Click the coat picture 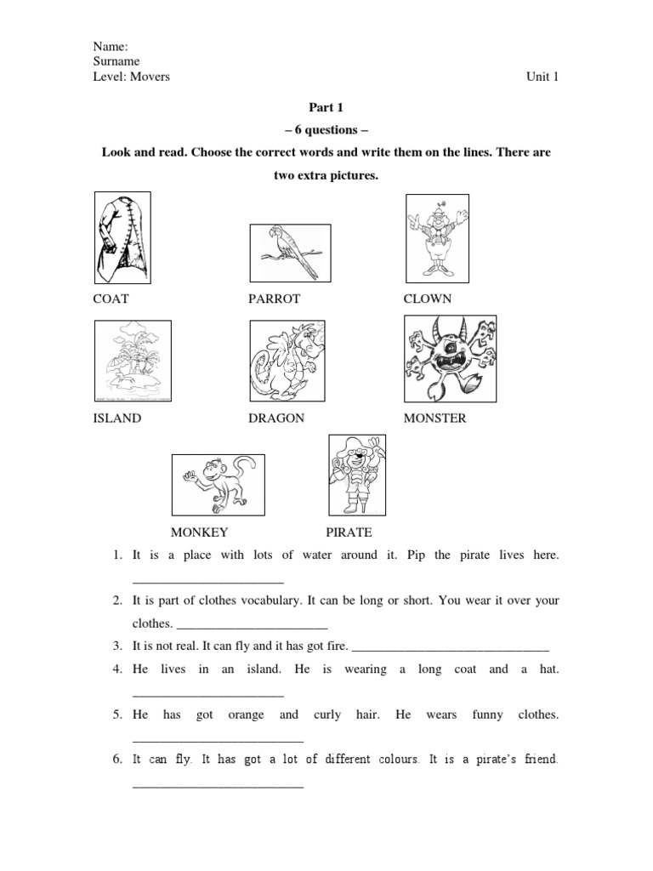click(122, 237)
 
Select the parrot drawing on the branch click(289, 252)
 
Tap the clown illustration click(437, 236)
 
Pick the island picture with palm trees click(132, 361)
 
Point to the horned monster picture click(450, 358)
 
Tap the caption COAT click(111, 299)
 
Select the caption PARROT click(275, 299)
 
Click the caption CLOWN click(428, 299)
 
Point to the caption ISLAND click(117, 418)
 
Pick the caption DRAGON click(276, 418)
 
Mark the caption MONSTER click(434, 418)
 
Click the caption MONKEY click(200, 532)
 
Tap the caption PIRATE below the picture click(349, 532)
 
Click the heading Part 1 click(326, 108)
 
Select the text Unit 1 click(542, 77)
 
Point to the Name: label click(109, 47)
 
